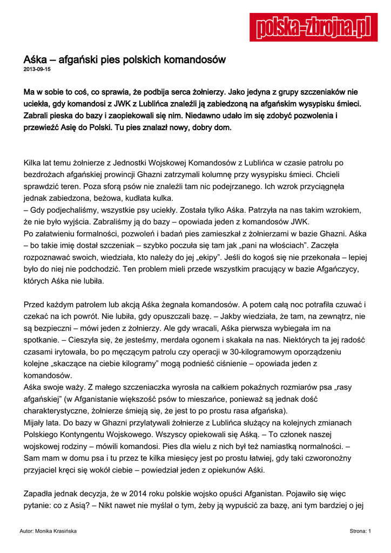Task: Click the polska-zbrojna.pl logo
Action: tap(313, 27)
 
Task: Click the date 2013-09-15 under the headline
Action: tap(37, 70)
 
